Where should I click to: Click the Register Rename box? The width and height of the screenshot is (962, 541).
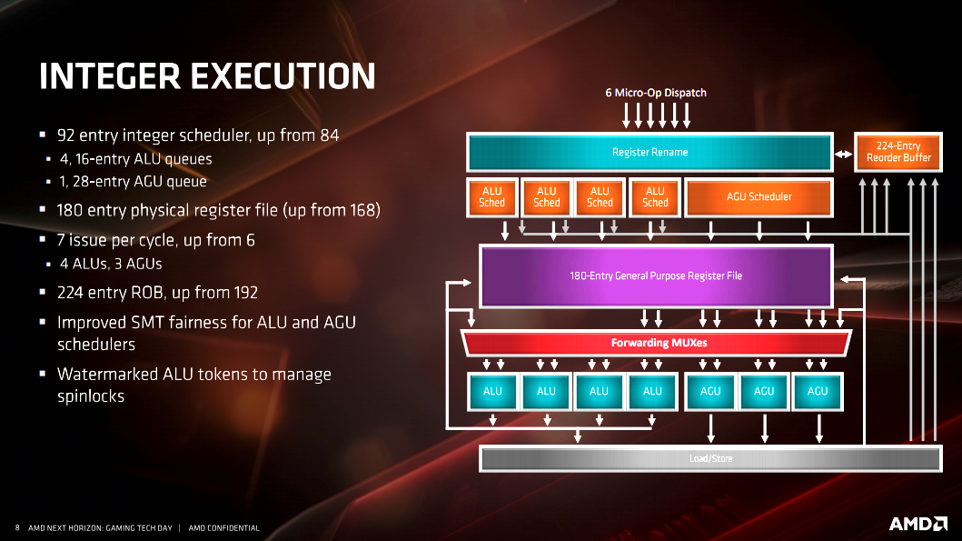[650, 152]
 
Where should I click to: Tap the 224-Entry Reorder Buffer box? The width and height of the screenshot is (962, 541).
[898, 152]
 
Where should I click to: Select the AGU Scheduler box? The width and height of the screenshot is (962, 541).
[759, 197]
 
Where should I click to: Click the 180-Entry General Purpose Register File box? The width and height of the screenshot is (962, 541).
[656, 276]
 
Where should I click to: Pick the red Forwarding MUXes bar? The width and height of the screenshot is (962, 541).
[656, 343]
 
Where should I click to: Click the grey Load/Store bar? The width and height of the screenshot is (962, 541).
[710, 459]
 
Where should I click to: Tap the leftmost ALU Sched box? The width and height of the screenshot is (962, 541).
[492, 197]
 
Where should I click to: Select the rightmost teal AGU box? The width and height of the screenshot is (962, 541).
[818, 391]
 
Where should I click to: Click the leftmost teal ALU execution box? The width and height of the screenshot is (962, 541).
[492, 391]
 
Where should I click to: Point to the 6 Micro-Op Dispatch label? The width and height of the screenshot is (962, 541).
[656, 93]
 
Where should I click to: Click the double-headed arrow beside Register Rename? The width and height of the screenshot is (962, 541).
[844, 155]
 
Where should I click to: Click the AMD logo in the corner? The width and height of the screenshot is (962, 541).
[917, 524]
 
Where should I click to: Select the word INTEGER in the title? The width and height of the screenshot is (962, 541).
[110, 76]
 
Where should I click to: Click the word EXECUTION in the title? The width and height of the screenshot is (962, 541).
[283, 76]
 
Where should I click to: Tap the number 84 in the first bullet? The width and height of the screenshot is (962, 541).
[330, 135]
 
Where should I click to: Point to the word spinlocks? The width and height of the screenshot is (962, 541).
[91, 396]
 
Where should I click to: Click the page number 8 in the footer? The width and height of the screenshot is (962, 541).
[17, 527]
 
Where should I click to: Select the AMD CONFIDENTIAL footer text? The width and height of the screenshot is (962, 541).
[224, 528]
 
